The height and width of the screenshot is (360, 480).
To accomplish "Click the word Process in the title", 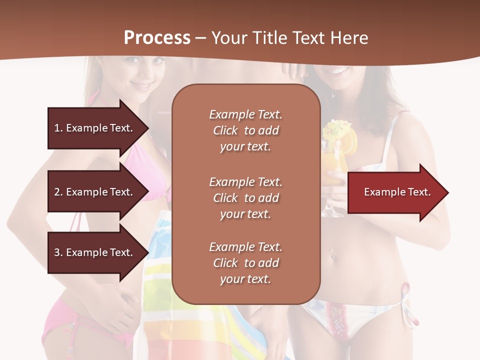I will pos(157,37).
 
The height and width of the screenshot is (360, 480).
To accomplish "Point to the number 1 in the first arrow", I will pos(57,128).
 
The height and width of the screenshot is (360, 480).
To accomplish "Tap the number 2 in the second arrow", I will pos(57,192).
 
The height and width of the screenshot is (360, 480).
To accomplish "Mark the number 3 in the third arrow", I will pos(57,252).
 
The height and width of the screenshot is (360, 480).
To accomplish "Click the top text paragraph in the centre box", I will pos(245,130).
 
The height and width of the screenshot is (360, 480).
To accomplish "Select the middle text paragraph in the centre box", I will pos(245,198).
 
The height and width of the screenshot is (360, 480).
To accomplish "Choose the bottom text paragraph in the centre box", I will pos(245,263).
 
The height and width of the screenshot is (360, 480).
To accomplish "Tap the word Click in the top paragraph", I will pos(225,130).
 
